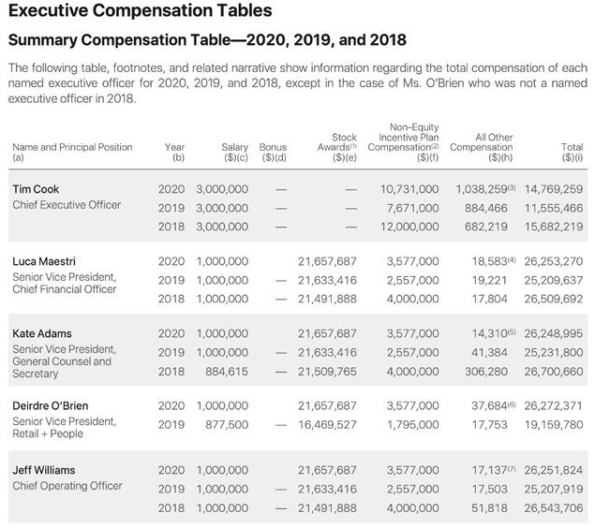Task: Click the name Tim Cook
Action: point(36,188)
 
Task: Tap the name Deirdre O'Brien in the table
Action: point(52,405)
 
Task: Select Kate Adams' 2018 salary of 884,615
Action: point(226,371)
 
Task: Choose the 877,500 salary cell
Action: point(226,424)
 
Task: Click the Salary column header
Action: point(235,148)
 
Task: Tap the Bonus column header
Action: point(274,148)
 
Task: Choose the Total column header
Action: point(572,148)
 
